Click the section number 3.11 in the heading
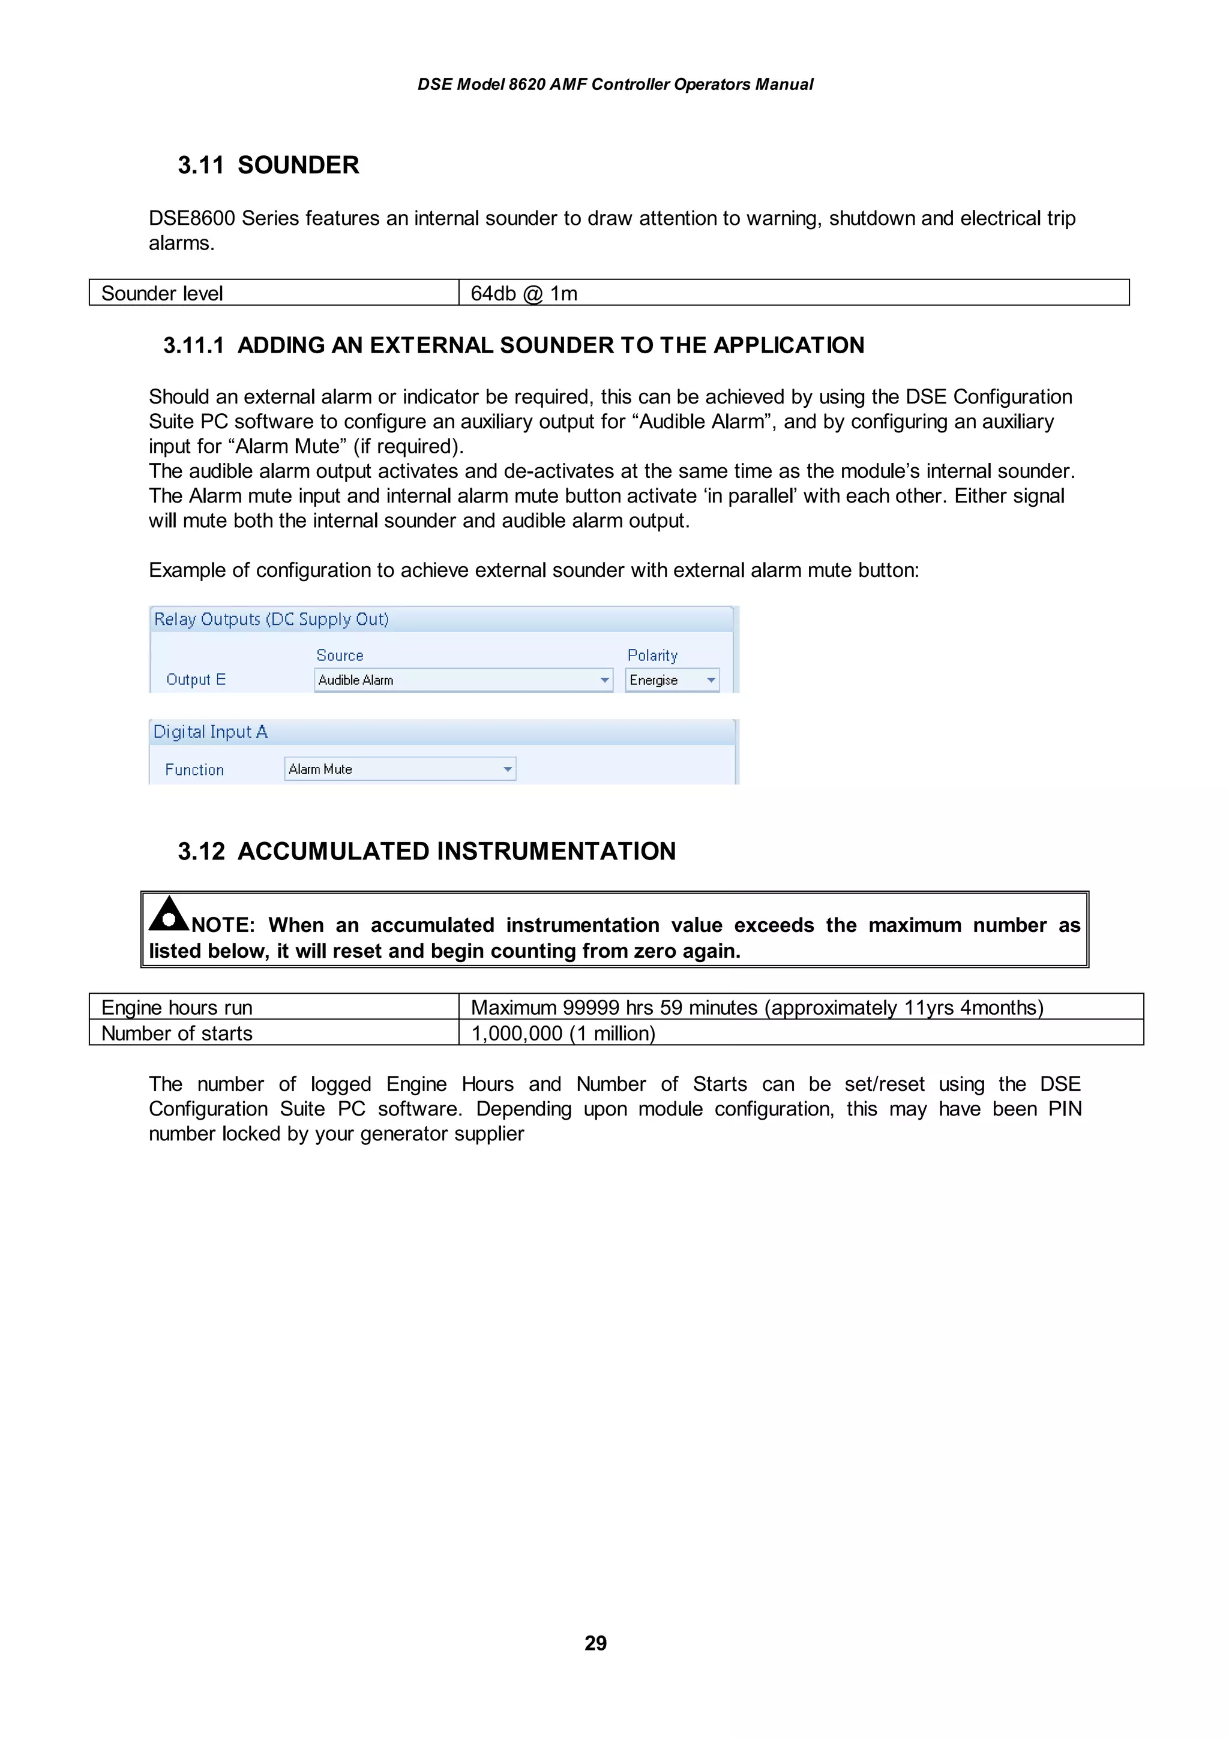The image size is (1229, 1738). tap(200, 165)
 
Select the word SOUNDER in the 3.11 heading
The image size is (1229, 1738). tap(298, 165)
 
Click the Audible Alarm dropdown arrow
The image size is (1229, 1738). tap(604, 679)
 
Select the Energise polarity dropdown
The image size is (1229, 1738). tap(672, 679)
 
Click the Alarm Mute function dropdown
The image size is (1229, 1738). tap(400, 769)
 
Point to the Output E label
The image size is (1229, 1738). tap(196, 679)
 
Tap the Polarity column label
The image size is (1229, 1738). tap(652, 655)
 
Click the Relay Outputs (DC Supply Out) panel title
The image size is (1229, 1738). tap(271, 619)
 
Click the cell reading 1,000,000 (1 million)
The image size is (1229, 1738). tap(563, 1033)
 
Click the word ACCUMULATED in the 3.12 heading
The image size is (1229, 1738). tap(334, 852)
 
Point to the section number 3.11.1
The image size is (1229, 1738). tap(194, 345)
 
